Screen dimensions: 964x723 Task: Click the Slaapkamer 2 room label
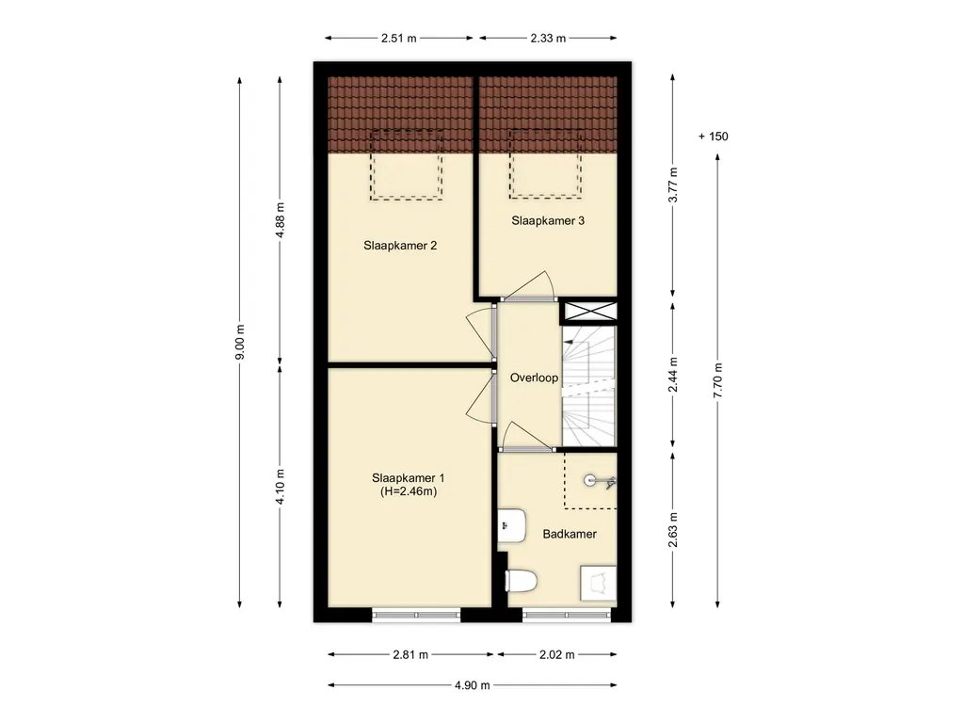click(x=400, y=246)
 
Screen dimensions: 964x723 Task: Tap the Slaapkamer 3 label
click(x=548, y=220)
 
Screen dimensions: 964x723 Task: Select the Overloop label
click(x=535, y=378)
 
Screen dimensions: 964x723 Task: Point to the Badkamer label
click(x=570, y=535)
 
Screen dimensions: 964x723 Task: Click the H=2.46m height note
click(x=409, y=491)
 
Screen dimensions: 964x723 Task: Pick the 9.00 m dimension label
click(x=240, y=342)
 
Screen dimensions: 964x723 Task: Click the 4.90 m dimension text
click(x=473, y=685)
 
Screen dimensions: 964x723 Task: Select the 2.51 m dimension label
click(x=398, y=38)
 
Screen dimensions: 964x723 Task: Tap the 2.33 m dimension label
click(x=548, y=38)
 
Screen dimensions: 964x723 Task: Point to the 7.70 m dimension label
click(x=717, y=380)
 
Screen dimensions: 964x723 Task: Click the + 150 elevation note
click(x=714, y=137)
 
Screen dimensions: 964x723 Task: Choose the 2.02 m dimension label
click(x=557, y=655)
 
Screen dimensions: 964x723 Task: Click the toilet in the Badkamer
click(x=522, y=580)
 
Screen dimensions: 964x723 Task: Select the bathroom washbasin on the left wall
click(x=511, y=525)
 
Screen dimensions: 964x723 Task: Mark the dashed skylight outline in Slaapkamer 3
click(x=545, y=164)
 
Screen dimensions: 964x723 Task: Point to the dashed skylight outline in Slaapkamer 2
click(x=406, y=165)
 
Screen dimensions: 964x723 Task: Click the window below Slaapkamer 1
click(x=416, y=615)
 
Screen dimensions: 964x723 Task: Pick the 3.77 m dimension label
click(x=673, y=185)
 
